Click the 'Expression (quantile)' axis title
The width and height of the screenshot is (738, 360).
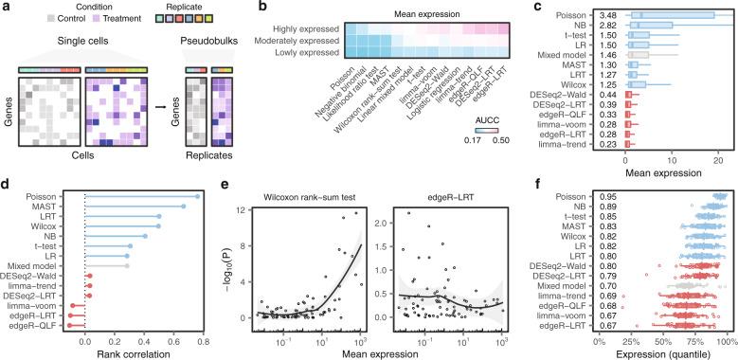point(662,353)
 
